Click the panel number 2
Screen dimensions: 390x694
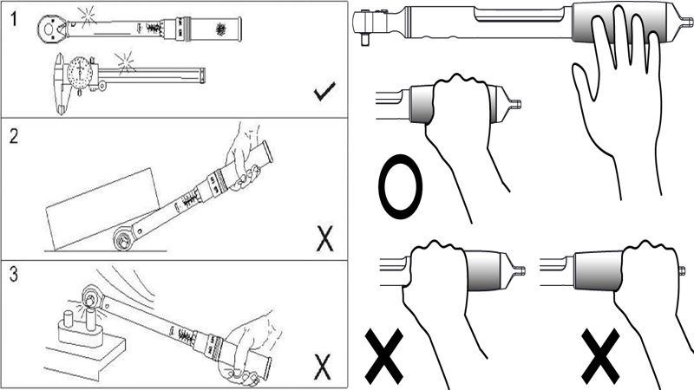(x=13, y=136)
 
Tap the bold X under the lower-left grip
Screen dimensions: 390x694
(x=390, y=356)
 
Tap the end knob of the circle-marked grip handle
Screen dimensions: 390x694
(x=514, y=106)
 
